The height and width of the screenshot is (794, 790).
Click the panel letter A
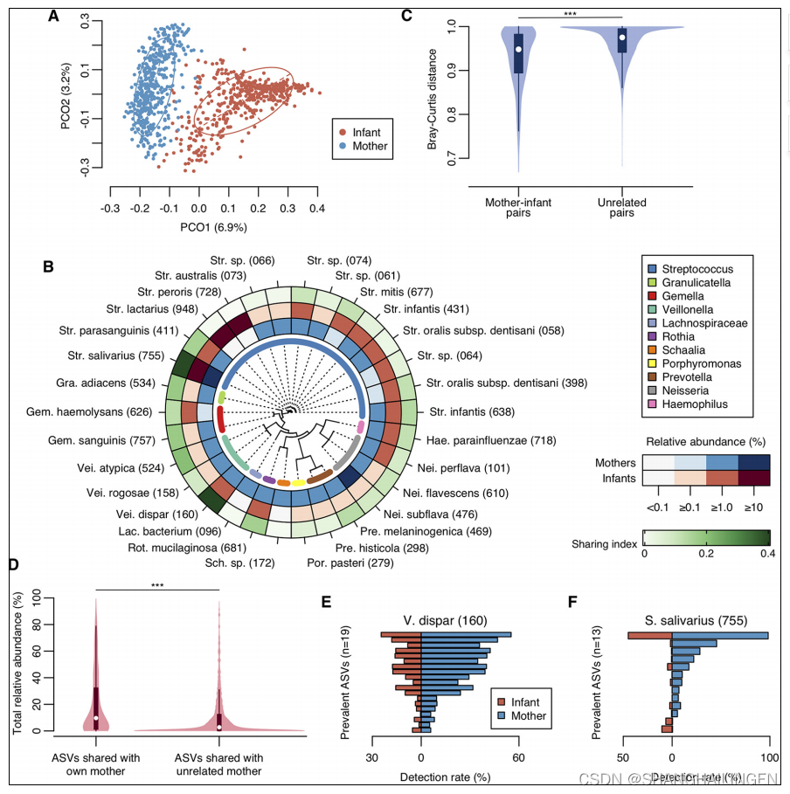(x=53, y=15)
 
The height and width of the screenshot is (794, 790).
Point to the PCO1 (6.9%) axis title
(x=214, y=227)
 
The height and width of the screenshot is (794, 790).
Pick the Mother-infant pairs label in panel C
(x=518, y=208)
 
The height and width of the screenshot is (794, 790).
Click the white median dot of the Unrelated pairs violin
(x=622, y=38)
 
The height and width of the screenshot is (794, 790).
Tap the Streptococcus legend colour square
(x=650, y=269)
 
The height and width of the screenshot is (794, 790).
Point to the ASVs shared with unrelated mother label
(x=218, y=763)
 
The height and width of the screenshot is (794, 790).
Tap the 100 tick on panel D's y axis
(x=36, y=596)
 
